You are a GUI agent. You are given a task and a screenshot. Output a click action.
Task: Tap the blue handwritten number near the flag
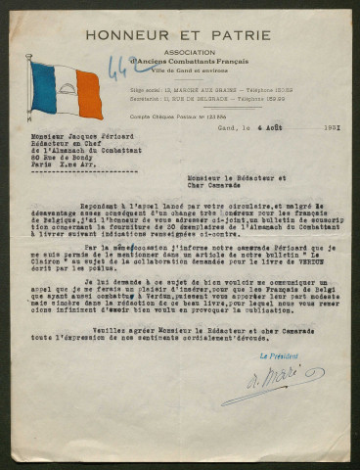[x=120, y=68]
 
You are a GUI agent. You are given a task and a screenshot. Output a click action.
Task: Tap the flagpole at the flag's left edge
[x=31, y=88]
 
